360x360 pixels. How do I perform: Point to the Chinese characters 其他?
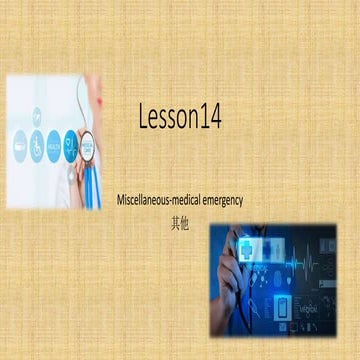coord(180,216)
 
